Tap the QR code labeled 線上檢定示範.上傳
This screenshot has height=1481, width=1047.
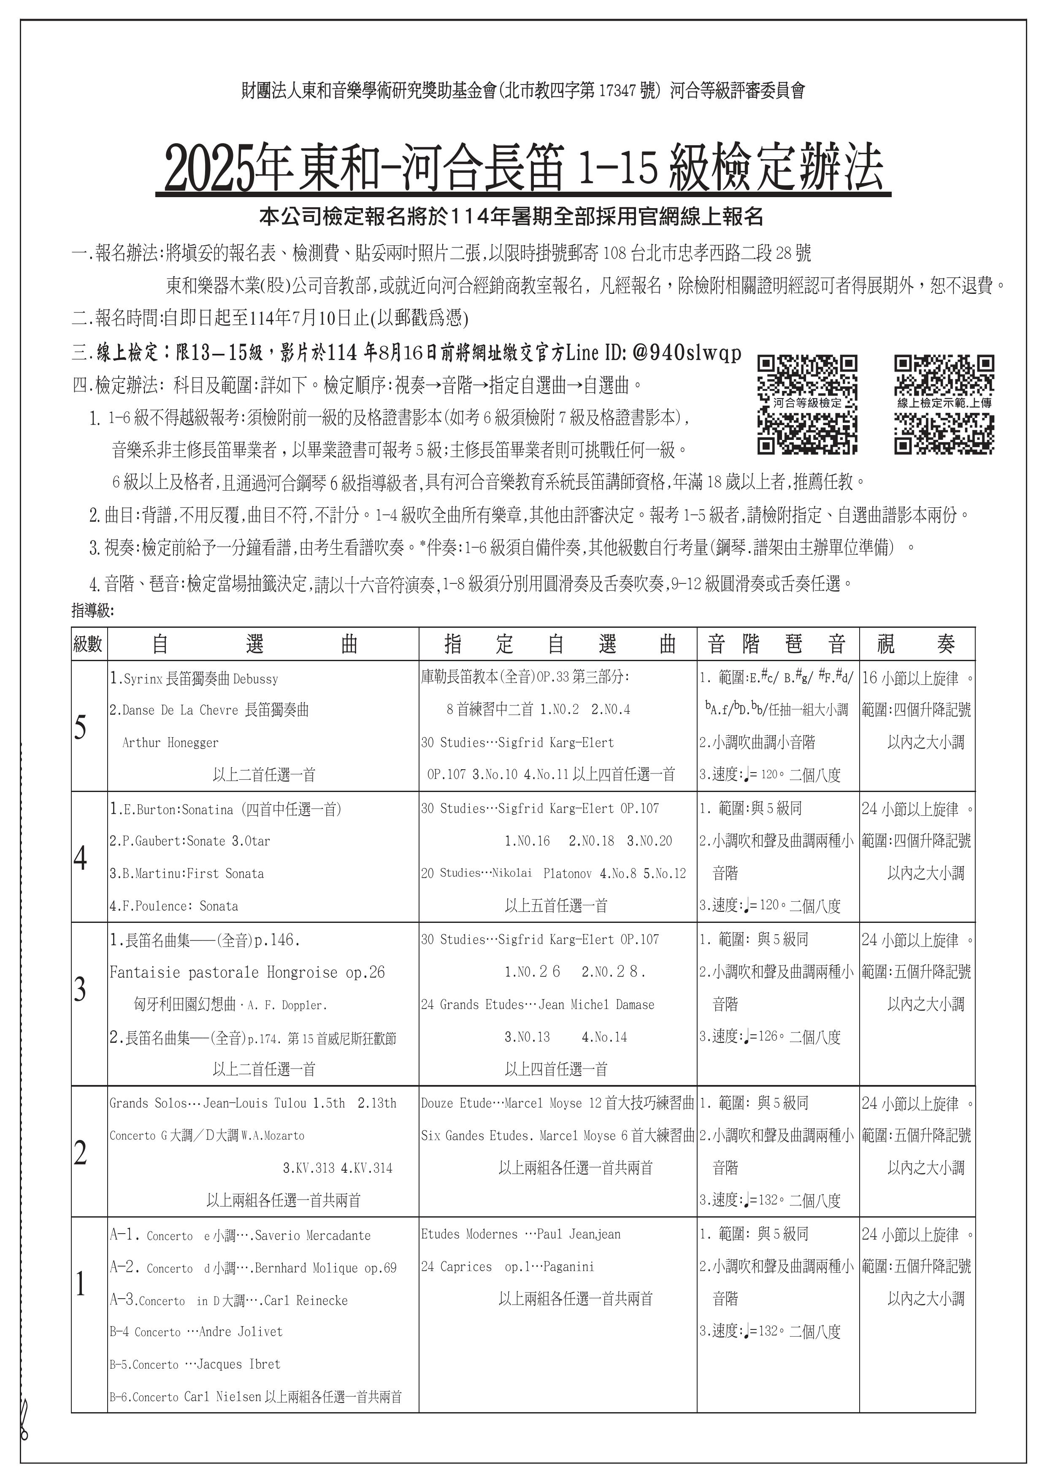944,404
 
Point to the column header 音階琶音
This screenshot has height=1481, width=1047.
777,644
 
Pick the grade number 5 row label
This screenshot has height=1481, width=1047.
81,727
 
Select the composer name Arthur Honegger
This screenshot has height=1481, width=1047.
170,743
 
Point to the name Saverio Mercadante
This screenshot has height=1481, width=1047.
313,1236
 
